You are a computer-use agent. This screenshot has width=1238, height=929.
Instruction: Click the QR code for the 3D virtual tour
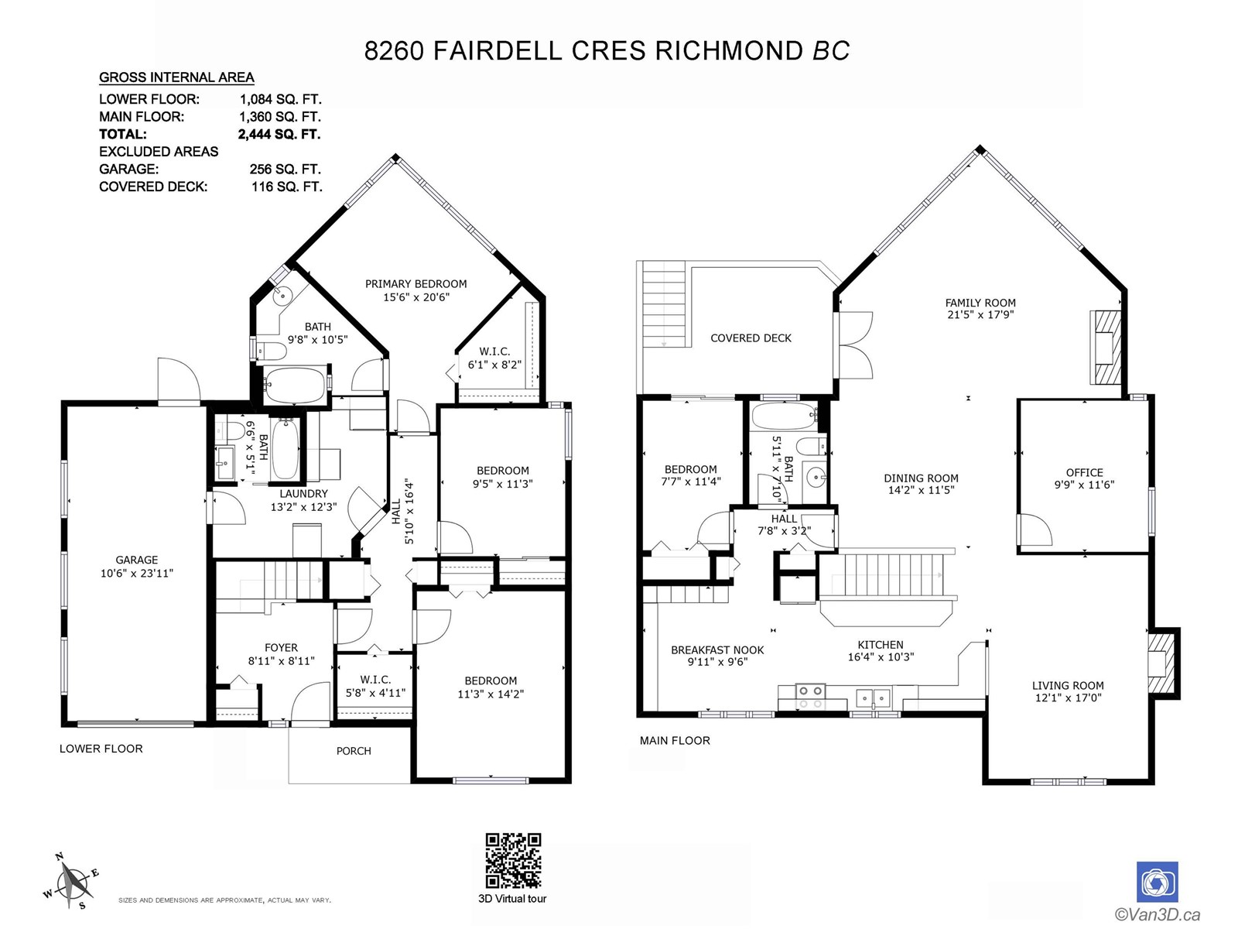[513, 860]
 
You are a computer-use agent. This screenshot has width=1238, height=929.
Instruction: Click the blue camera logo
[1158, 883]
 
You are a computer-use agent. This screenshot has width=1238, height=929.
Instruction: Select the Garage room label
[136, 560]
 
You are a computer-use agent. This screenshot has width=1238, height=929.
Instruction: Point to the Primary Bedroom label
[416, 283]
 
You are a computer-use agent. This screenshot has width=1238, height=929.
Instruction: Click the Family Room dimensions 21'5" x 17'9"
[981, 315]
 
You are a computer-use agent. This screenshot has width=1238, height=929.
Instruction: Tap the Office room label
[1085, 473]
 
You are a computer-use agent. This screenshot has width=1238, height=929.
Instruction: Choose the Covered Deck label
[751, 338]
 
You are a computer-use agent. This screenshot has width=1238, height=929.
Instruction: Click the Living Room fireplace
[1163, 664]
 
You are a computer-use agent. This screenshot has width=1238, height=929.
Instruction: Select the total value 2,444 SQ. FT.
[279, 134]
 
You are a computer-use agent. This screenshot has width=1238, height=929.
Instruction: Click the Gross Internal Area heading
[176, 77]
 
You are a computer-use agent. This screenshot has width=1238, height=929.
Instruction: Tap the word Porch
[354, 751]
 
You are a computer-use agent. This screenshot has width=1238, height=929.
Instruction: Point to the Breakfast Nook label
[717, 650]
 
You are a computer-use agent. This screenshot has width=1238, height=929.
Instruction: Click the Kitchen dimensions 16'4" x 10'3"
[881, 656]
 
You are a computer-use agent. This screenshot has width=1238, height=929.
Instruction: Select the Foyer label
[281, 647]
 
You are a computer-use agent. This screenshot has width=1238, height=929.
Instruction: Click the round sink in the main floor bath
[816, 478]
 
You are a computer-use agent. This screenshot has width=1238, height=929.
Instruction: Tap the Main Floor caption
[675, 741]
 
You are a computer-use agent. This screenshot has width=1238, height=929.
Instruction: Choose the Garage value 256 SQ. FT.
[285, 170]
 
